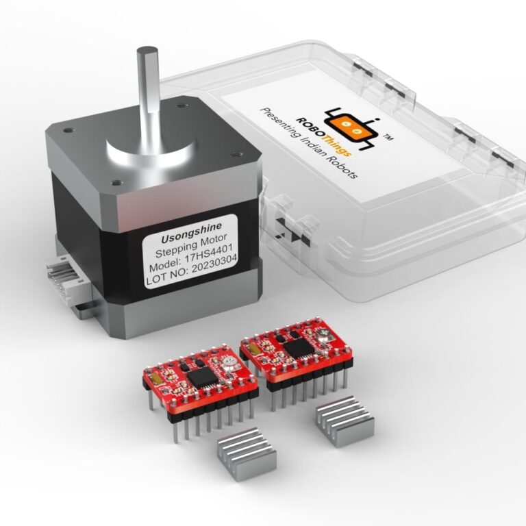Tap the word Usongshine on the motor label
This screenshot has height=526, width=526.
tap(192, 232)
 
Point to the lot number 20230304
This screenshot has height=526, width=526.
tap(214, 266)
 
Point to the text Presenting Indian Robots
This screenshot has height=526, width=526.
tap(308, 143)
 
